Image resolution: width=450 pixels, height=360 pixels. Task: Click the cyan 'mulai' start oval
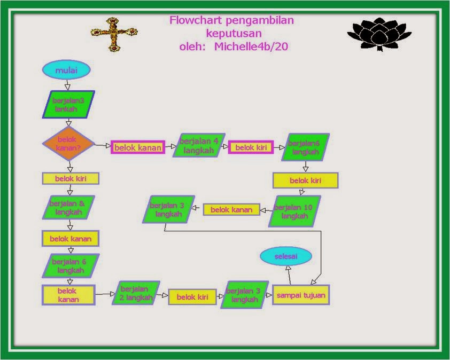(66, 70)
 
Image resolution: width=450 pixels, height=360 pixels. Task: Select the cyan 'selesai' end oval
(286, 256)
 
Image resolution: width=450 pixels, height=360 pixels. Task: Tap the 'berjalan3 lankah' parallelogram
(68, 104)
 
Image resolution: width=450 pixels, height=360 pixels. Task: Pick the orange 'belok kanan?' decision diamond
(68, 144)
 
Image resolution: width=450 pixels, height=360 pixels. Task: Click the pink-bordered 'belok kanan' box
(138, 147)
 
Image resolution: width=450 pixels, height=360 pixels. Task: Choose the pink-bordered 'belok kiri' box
(251, 147)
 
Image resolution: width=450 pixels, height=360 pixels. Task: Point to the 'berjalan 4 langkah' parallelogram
(199, 145)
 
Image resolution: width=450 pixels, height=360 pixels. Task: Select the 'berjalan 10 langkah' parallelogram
(294, 212)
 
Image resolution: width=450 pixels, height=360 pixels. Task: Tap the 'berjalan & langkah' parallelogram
(68, 207)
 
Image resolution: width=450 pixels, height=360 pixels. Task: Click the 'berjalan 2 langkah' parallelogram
(136, 293)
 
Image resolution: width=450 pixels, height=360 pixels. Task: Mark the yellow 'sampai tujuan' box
(301, 295)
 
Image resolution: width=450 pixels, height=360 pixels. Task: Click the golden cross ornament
(114, 34)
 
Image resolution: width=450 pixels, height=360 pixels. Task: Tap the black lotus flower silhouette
(379, 34)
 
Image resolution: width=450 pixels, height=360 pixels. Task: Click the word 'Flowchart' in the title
(196, 20)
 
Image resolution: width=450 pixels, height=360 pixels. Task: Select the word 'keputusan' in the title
(234, 34)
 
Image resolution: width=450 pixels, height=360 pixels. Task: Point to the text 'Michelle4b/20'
(251, 46)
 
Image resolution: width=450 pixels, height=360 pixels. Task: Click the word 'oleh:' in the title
(192, 46)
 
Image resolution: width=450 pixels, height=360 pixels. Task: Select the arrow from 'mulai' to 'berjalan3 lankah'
(67, 85)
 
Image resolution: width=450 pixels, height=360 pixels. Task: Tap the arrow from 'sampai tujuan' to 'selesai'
(289, 275)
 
